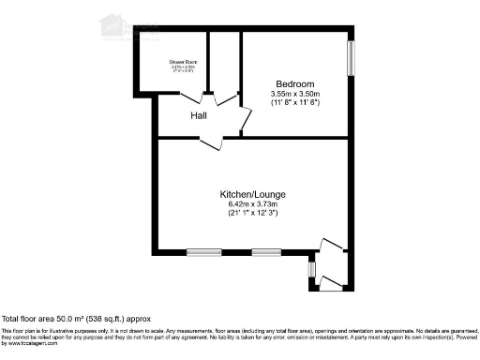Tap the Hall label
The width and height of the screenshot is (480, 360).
coord(199,116)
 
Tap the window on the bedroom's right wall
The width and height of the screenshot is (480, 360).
coord(352,58)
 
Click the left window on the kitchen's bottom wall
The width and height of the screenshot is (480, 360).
coord(203,251)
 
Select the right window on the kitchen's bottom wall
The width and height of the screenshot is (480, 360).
coord(265,251)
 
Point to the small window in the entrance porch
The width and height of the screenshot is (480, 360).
coord(312,270)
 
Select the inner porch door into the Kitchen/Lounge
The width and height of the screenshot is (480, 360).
coord(332,246)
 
